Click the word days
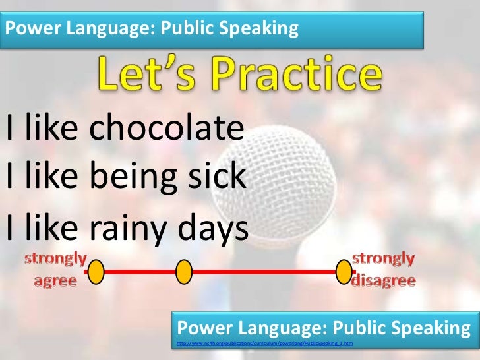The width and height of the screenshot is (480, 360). (x=213, y=227)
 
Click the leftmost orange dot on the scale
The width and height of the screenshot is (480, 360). (x=96, y=271)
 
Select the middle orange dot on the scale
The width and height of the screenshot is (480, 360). (x=184, y=271)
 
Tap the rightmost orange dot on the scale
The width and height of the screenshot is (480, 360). (x=344, y=271)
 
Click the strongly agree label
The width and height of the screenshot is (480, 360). (x=55, y=269)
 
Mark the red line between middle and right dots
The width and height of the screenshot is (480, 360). (x=264, y=271)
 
